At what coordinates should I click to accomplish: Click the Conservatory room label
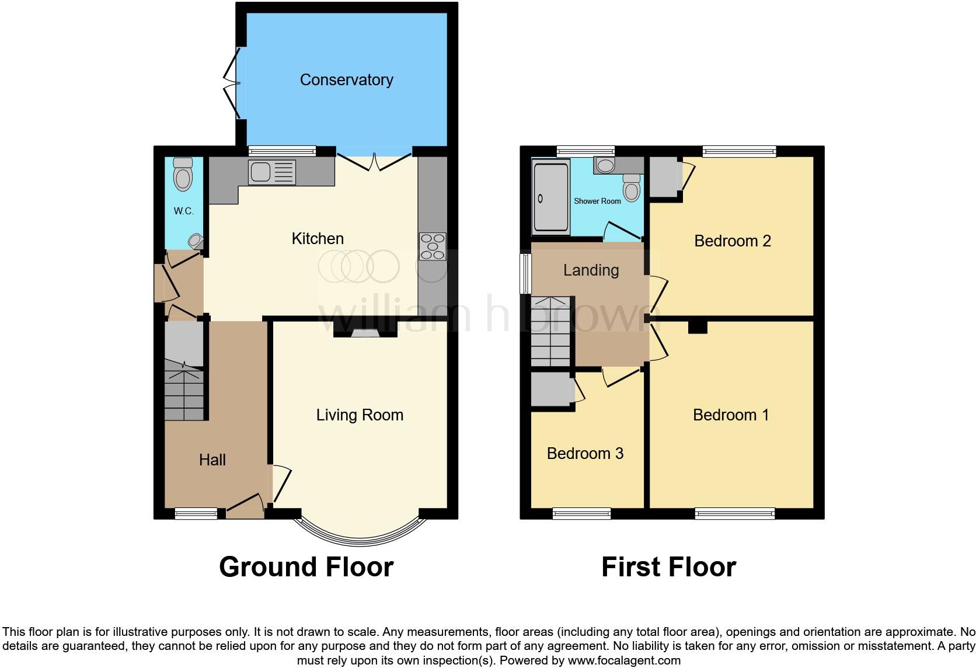click(346, 80)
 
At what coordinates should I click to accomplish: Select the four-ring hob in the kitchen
click(432, 246)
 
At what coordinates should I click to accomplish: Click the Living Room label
click(360, 415)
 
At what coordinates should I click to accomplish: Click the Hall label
click(212, 460)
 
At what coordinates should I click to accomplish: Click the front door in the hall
click(244, 506)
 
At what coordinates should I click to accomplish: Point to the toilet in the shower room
click(631, 189)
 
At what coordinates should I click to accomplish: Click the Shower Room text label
click(597, 201)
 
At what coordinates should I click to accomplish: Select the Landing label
click(591, 270)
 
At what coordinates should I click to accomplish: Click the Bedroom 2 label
click(732, 241)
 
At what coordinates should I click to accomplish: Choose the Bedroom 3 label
click(585, 454)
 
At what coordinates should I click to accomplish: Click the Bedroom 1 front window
click(735, 514)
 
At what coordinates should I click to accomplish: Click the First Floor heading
click(668, 567)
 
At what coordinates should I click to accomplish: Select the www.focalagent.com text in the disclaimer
click(624, 661)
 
